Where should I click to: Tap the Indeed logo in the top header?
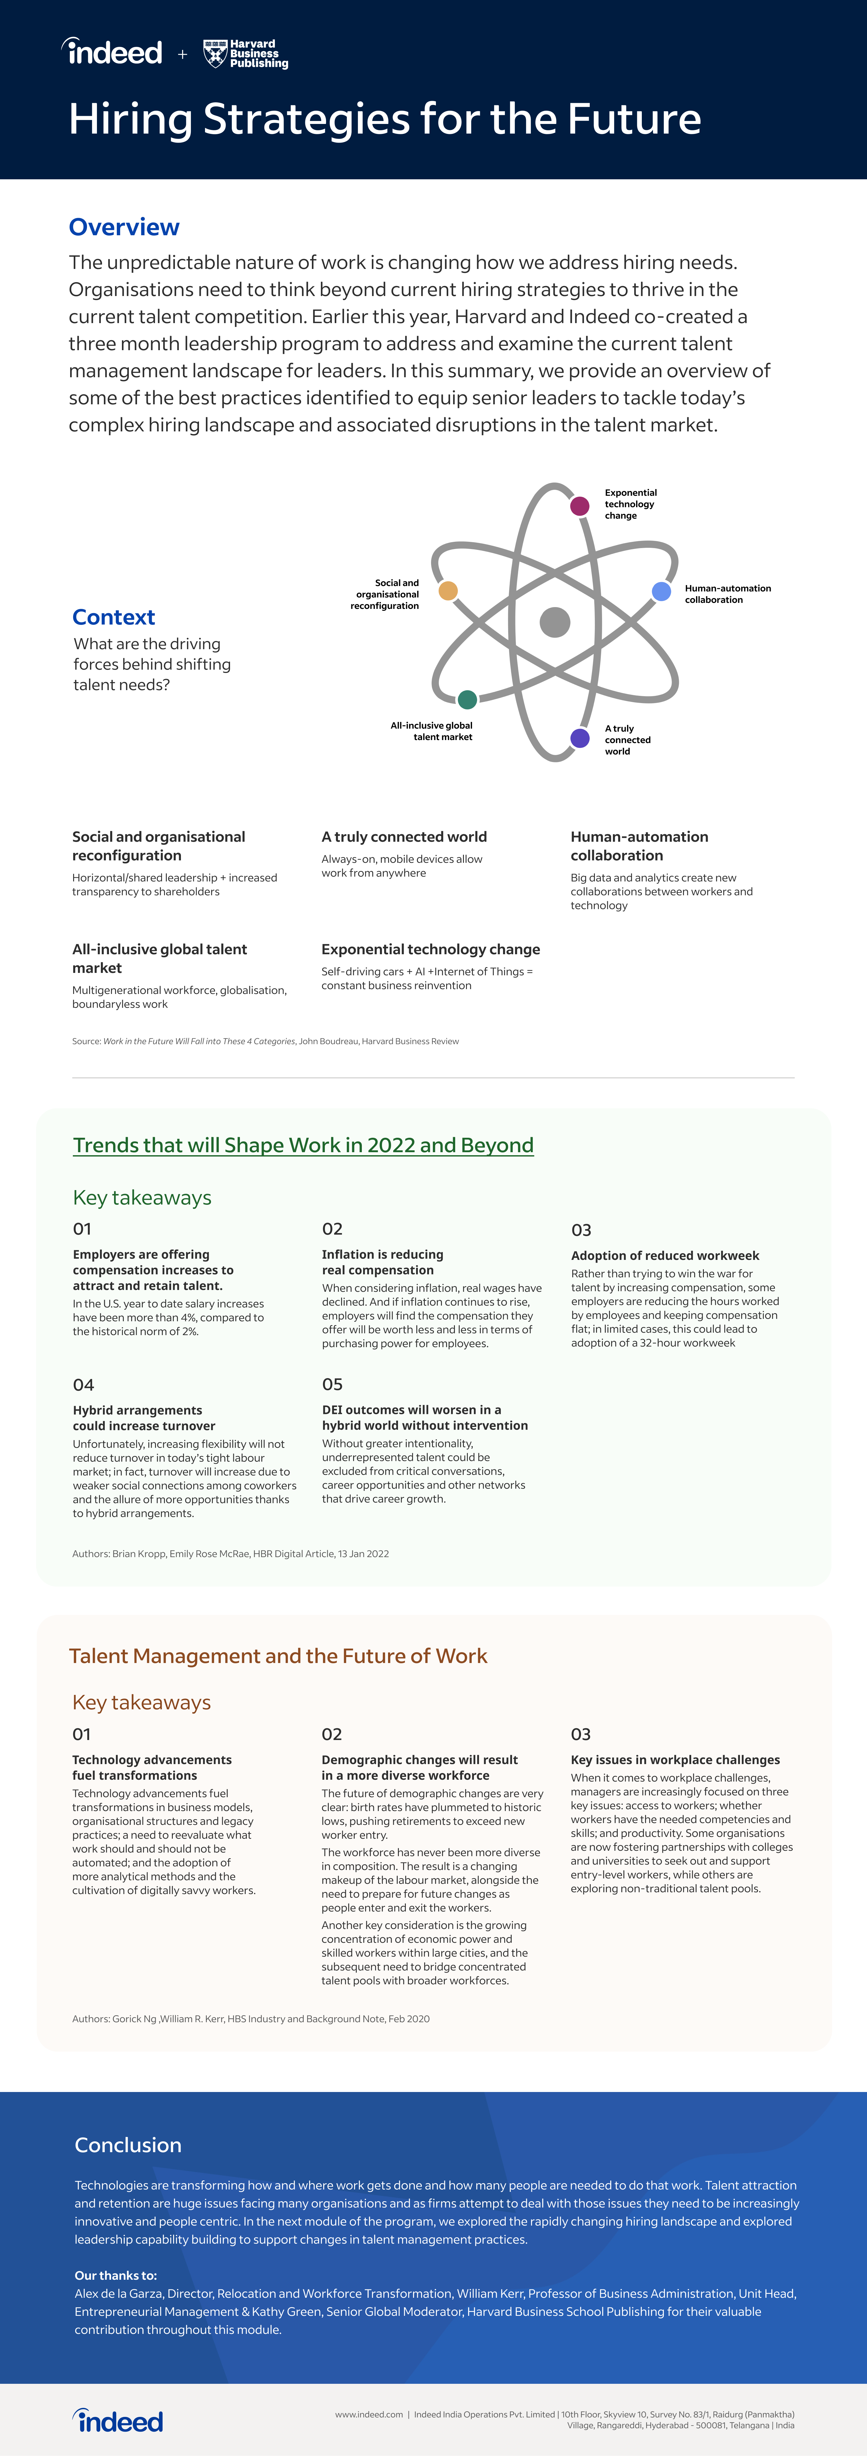pos(113,51)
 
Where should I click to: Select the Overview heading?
pos(124,227)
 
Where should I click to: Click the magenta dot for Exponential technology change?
pos(579,505)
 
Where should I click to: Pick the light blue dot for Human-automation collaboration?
pos(661,591)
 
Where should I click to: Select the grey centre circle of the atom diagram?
pos(554,622)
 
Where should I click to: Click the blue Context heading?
pos(113,617)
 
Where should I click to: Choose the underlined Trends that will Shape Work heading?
pos(303,1145)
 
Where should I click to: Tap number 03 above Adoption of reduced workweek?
pos(581,1230)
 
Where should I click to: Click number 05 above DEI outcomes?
pos(332,1384)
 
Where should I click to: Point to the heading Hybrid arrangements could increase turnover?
pos(144,1418)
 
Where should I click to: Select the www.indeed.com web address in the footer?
pos(368,2414)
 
